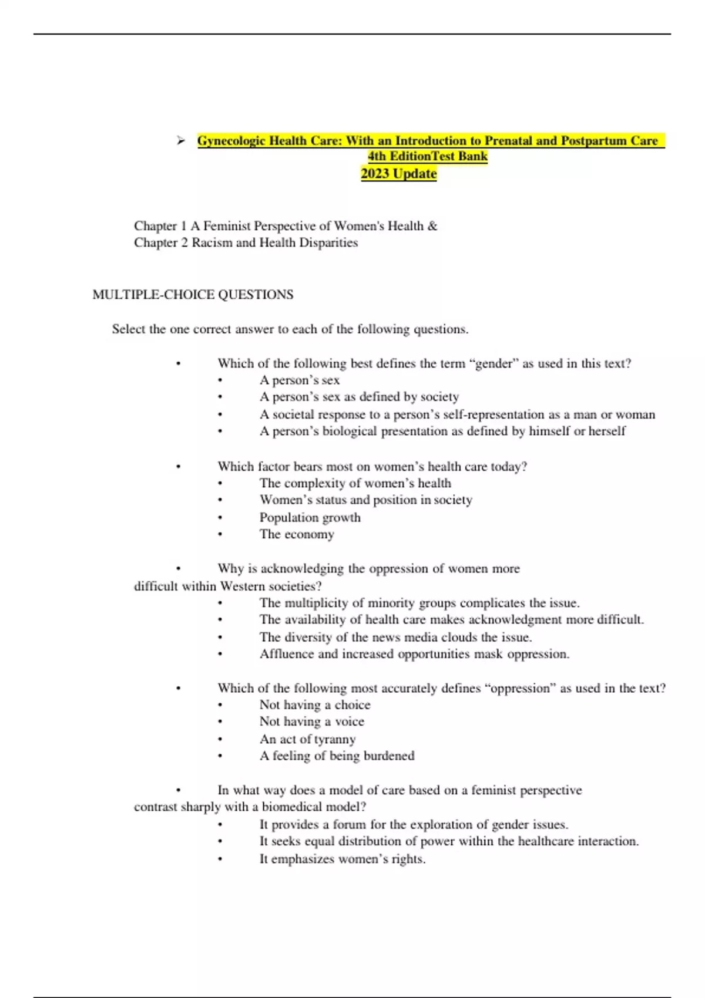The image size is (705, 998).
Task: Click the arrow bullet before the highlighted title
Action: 181,140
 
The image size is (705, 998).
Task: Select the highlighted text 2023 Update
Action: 399,174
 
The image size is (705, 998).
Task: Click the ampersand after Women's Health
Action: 432,226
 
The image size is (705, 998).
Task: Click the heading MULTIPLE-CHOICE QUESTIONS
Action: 193,295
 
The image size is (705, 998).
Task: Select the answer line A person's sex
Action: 300,380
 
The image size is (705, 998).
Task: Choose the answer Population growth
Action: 310,518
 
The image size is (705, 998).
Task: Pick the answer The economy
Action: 297,534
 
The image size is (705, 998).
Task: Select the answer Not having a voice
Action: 312,721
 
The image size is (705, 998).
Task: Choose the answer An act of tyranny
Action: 308,739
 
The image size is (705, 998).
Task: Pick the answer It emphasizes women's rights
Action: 343,859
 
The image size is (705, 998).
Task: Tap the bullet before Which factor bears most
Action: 178,467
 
